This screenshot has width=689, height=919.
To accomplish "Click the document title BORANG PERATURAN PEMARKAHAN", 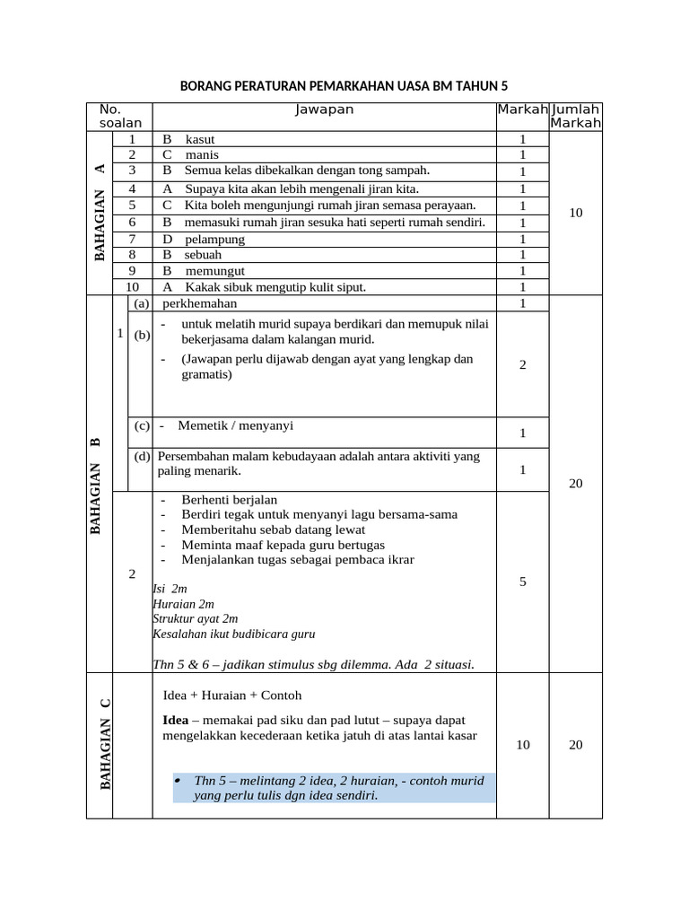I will click(344, 86).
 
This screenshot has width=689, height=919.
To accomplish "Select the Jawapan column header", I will click(324, 109).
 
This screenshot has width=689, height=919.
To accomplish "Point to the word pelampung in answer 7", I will click(214, 239).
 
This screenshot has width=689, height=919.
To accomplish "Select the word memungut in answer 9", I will click(215, 270).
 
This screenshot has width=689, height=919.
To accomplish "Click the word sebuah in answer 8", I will click(204, 255).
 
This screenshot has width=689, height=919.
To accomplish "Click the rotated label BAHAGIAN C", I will click(106, 744).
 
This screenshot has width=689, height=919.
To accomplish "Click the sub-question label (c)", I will click(142, 425).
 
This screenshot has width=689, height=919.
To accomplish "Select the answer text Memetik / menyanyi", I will click(235, 425).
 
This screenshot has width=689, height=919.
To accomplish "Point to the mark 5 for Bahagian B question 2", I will click(522, 582).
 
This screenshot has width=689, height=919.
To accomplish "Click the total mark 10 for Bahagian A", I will click(576, 213).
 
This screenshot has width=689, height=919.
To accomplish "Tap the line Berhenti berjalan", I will click(229, 499).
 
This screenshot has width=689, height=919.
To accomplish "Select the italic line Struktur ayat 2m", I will click(196, 618).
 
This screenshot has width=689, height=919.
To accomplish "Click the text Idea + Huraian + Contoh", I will click(232, 696).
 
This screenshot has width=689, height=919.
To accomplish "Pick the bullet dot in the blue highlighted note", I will click(178, 779).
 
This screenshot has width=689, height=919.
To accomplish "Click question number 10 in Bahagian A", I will click(132, 287).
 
